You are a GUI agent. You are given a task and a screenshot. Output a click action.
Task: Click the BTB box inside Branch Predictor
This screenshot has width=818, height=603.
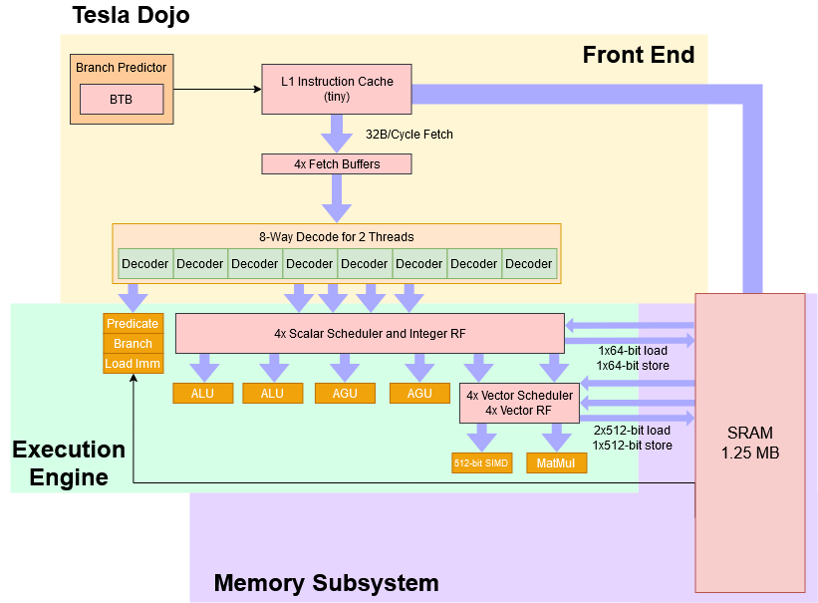[x=121, y=100]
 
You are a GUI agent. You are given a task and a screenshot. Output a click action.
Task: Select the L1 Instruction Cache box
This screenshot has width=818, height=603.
[x=336, y=89]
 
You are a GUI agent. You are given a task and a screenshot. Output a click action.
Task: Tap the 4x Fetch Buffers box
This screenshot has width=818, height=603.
[x=336, y=163]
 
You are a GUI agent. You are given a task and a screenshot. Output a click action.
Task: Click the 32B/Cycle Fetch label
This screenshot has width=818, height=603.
[x=409, y=135]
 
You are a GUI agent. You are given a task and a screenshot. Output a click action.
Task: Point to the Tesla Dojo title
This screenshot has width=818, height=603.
[x=131, y=16]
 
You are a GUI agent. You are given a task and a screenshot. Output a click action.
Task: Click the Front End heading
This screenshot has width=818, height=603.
[x=638, y=55]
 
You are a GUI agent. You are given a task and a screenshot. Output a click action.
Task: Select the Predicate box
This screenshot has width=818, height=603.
[x=133, y=324]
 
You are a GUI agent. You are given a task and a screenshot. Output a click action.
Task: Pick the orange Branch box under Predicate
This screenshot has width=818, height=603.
[x=133, y=344]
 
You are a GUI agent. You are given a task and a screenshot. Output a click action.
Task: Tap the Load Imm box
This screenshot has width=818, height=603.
[x=133, y=364]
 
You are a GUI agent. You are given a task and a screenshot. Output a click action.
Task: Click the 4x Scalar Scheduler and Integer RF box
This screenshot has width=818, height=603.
[x=369, y=334]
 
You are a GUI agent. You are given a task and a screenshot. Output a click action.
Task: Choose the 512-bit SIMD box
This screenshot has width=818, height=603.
[x=481, y=463]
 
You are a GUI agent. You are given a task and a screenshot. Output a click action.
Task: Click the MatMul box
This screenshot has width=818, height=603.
[x=556, y=463]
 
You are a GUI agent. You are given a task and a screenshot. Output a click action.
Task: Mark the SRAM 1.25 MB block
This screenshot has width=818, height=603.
[x=750, y=443]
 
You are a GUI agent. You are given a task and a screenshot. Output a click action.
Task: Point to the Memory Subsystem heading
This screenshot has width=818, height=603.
[x=326, y=583]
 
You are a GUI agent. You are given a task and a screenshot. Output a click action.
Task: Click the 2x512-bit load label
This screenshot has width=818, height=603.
[x=633, y=431]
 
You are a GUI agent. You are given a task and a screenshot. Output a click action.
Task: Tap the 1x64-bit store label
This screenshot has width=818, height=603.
[x=633, y=366]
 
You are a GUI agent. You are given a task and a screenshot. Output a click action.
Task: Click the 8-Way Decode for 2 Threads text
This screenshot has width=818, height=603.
[x=336, y=237]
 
